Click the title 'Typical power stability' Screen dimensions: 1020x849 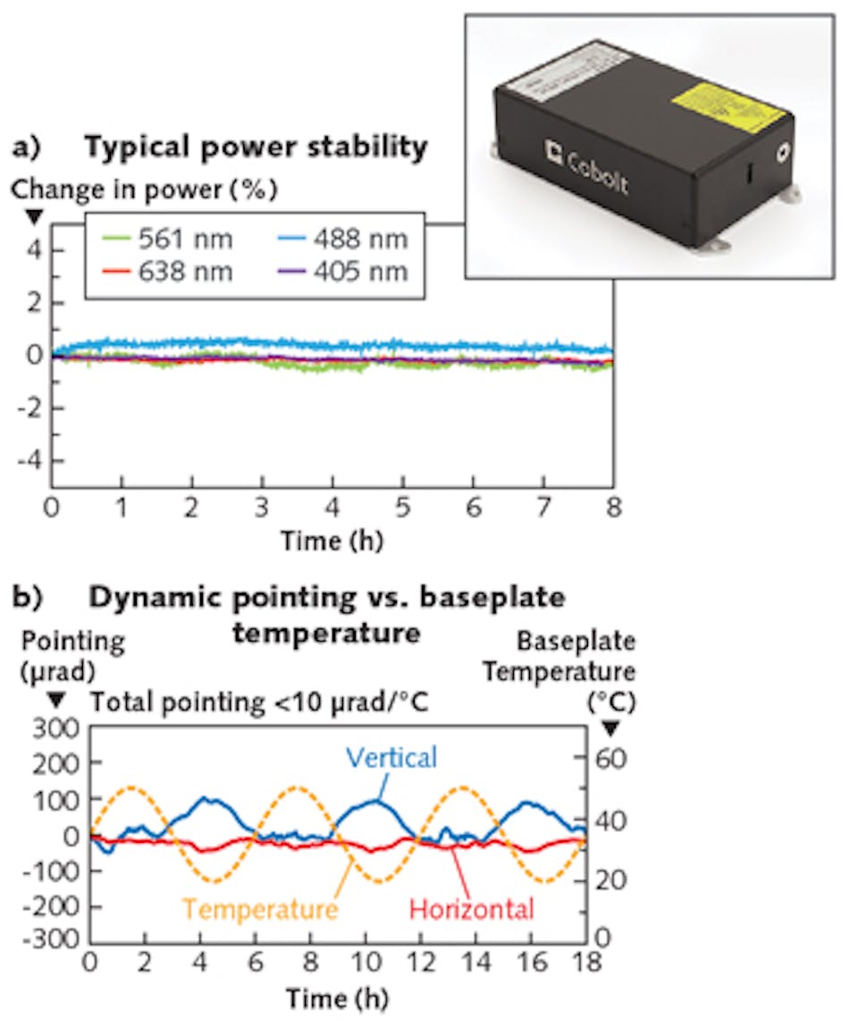pos(256,148)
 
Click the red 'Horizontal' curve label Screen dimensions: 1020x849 pos(472,910)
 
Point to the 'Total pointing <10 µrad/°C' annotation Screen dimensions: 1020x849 pos(258,702)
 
